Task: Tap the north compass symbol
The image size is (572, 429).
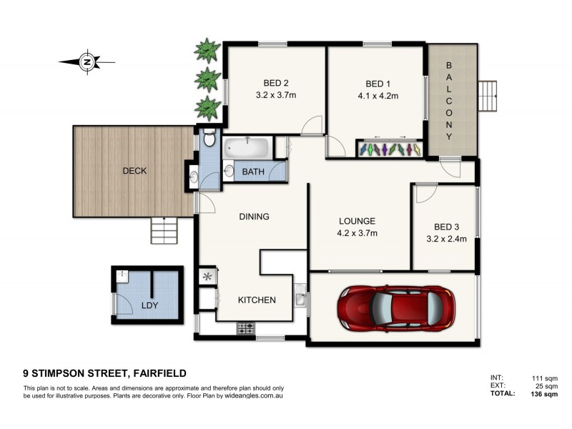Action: (x=86, y=61)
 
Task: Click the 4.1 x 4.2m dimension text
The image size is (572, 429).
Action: (x=378, y=95)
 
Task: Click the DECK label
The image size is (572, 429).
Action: (x=134, y=171)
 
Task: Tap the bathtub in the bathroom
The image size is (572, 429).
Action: (x=246, y=149)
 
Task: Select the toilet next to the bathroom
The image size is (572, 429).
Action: (x=208, y=138)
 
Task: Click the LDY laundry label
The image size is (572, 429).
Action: (x=149, y=306)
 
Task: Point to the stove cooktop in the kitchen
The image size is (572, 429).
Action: (x=245, y=328)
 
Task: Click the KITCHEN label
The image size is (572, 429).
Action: (x=257, y=300)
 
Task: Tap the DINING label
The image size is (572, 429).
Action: (x=255, y=217)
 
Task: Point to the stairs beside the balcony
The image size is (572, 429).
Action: (x=488, y=95)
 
